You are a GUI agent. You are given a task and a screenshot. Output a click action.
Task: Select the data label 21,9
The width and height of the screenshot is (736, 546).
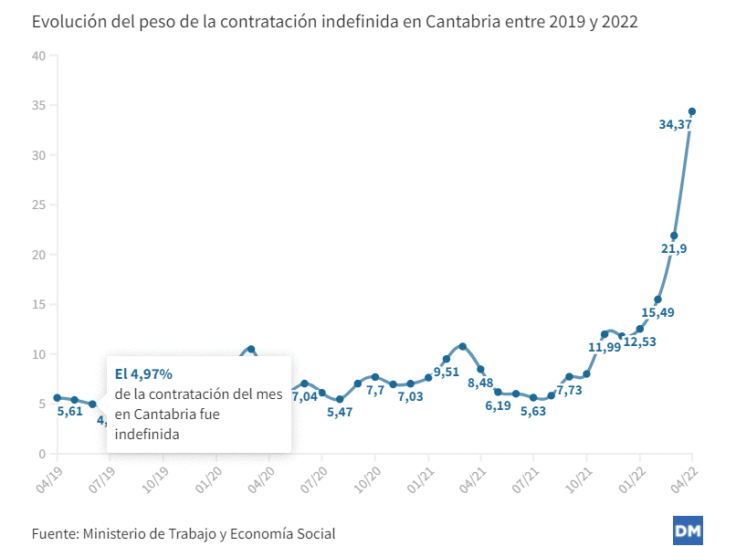tap(673, 250)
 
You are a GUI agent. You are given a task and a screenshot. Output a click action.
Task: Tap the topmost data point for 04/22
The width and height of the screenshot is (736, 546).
tap(692, 111)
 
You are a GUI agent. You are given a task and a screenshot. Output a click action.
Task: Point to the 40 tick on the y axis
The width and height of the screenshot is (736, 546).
tap(38, 56)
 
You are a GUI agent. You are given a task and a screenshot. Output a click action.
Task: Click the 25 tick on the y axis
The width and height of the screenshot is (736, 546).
tap(38, 205)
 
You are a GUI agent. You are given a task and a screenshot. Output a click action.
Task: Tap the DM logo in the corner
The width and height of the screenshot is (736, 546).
tap(687, 530)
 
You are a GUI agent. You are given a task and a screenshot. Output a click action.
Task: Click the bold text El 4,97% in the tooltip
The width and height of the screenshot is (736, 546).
tap(143, 373)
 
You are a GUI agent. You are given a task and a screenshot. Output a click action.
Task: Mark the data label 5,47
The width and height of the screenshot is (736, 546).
tap(340, 413)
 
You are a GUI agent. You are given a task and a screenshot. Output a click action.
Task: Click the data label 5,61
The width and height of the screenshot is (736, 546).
tap(70, 411)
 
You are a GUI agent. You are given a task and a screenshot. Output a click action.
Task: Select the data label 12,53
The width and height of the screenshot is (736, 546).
tap(639, 341)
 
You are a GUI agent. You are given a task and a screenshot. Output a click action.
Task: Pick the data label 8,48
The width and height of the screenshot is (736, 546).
tap(481, 383)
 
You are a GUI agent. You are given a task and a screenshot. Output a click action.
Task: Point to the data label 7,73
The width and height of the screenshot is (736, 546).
tap(571, 390)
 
